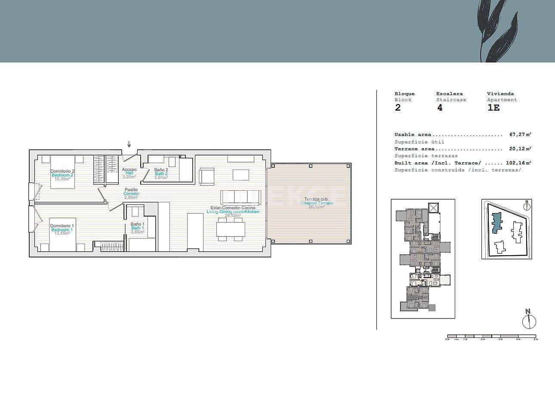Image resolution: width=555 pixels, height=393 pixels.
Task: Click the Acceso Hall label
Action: click(129, 173)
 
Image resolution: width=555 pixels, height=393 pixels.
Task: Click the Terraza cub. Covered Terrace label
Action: click(317, 203)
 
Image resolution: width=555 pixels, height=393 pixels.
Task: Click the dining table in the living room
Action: click(231, 229)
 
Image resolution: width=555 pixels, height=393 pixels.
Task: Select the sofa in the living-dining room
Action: click(240, 197)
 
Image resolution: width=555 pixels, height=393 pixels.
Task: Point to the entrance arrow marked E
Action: click(129, 145)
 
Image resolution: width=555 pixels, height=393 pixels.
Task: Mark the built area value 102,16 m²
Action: click(518, 163)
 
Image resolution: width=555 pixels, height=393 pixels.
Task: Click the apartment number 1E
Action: click(493, 108)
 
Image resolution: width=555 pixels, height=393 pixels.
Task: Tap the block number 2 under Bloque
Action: click(398, 108)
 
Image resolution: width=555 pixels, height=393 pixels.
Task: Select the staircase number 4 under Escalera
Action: click(440, 108)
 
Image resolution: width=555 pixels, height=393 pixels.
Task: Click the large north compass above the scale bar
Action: click(528, 320)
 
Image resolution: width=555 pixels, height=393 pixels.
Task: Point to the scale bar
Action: click(491, 336)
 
